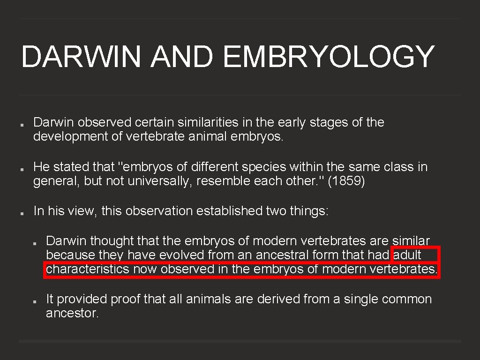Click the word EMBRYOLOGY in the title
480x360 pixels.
(329, 57)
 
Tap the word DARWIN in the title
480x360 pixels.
(81, 57)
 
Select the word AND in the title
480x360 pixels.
(181, 57)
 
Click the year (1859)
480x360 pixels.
(346, 181)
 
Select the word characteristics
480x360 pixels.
(88, 269)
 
